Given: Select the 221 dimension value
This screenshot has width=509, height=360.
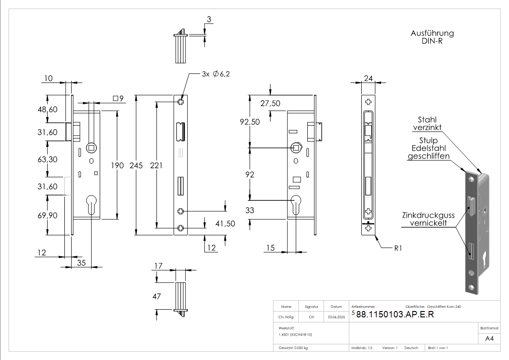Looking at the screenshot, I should pyautogui.click(x=156, y=165).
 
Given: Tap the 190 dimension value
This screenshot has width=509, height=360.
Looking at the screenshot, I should pyautogui.click(x=117, y=165).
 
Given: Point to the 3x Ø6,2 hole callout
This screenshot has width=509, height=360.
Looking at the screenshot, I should pyautogui.click(x=216, y=74).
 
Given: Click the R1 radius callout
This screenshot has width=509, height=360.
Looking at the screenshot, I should pyautogui.click(x=398, y=248).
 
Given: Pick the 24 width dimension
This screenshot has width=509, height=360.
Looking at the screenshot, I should pyautogui.click(x=368, y=78).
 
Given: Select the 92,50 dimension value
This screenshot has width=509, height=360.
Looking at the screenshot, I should pyautogui.click(x=250, y=122).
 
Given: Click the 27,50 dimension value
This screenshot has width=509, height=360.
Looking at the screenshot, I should pyautogui.click(x=270, y=103).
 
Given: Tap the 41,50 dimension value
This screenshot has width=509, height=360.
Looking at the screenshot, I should pyautogui.click(x=225, y=224).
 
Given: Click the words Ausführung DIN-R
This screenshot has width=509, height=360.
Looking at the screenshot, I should pyautogui.click(x=432, y=37).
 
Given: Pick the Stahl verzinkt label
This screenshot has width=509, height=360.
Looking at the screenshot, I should pyautogui.click(x=427, y=123).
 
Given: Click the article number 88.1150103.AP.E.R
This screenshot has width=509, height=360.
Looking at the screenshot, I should pyautogui.click(x=395, y=315).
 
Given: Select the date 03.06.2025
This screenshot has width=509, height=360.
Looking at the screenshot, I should pyautogui.click(x=336, y=317).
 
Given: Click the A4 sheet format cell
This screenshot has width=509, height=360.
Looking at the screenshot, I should pyautogui.click(x=489, y=339).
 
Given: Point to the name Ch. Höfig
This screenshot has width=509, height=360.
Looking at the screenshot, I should pyautogui.click(x=286, y=317).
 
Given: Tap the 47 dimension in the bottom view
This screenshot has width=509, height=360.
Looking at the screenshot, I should pyautogui.click(x=157, y=296).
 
